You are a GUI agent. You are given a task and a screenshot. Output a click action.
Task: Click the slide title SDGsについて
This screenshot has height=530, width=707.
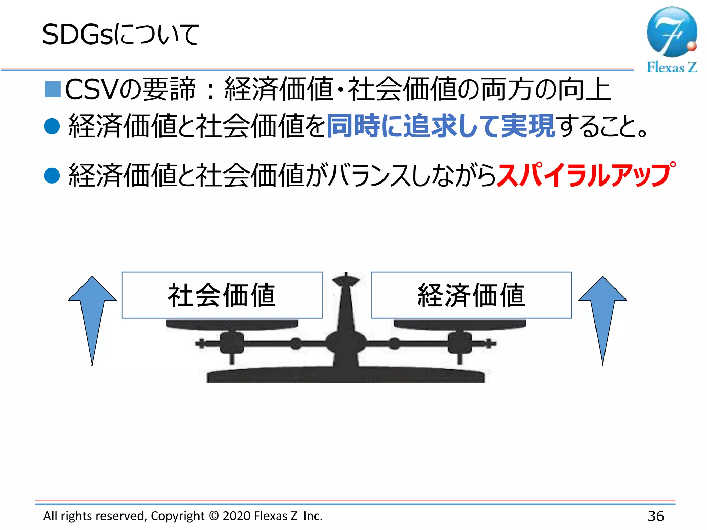coord(120,35)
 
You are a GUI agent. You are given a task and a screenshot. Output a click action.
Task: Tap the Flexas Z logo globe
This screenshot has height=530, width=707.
coord(671,32)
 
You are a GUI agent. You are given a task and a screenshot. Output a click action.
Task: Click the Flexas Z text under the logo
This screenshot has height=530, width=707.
coord(671,67)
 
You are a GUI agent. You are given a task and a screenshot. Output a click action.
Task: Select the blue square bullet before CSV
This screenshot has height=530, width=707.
coord(53,89)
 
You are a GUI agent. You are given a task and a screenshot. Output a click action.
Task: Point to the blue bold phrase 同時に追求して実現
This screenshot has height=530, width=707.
coord(440,126)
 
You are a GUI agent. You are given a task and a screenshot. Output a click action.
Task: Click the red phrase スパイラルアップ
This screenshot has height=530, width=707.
coord(585,175)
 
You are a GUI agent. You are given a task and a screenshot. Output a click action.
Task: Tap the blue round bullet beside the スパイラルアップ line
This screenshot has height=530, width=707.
coord(52,175)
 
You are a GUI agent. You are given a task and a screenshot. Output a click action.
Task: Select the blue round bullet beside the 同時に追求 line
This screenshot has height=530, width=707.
coord(52,126)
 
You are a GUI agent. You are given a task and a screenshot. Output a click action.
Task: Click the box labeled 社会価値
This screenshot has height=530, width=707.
coord(222,295)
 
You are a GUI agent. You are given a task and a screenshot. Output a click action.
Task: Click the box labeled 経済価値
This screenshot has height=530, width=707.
coord(471,295)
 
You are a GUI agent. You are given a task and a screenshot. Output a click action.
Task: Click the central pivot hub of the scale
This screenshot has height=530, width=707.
coord(346,343)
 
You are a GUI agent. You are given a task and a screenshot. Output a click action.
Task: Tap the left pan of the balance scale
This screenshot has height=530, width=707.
coord(232,325)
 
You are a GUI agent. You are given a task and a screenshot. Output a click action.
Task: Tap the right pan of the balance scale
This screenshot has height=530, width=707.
coord(460,325)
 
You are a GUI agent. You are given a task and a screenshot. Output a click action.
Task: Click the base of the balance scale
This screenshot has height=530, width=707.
coord(346,375)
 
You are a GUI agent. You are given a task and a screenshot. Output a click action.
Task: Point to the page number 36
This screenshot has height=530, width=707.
coord(656,516)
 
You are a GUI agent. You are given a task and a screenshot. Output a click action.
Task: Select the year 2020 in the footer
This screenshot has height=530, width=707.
coord(236,516)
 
